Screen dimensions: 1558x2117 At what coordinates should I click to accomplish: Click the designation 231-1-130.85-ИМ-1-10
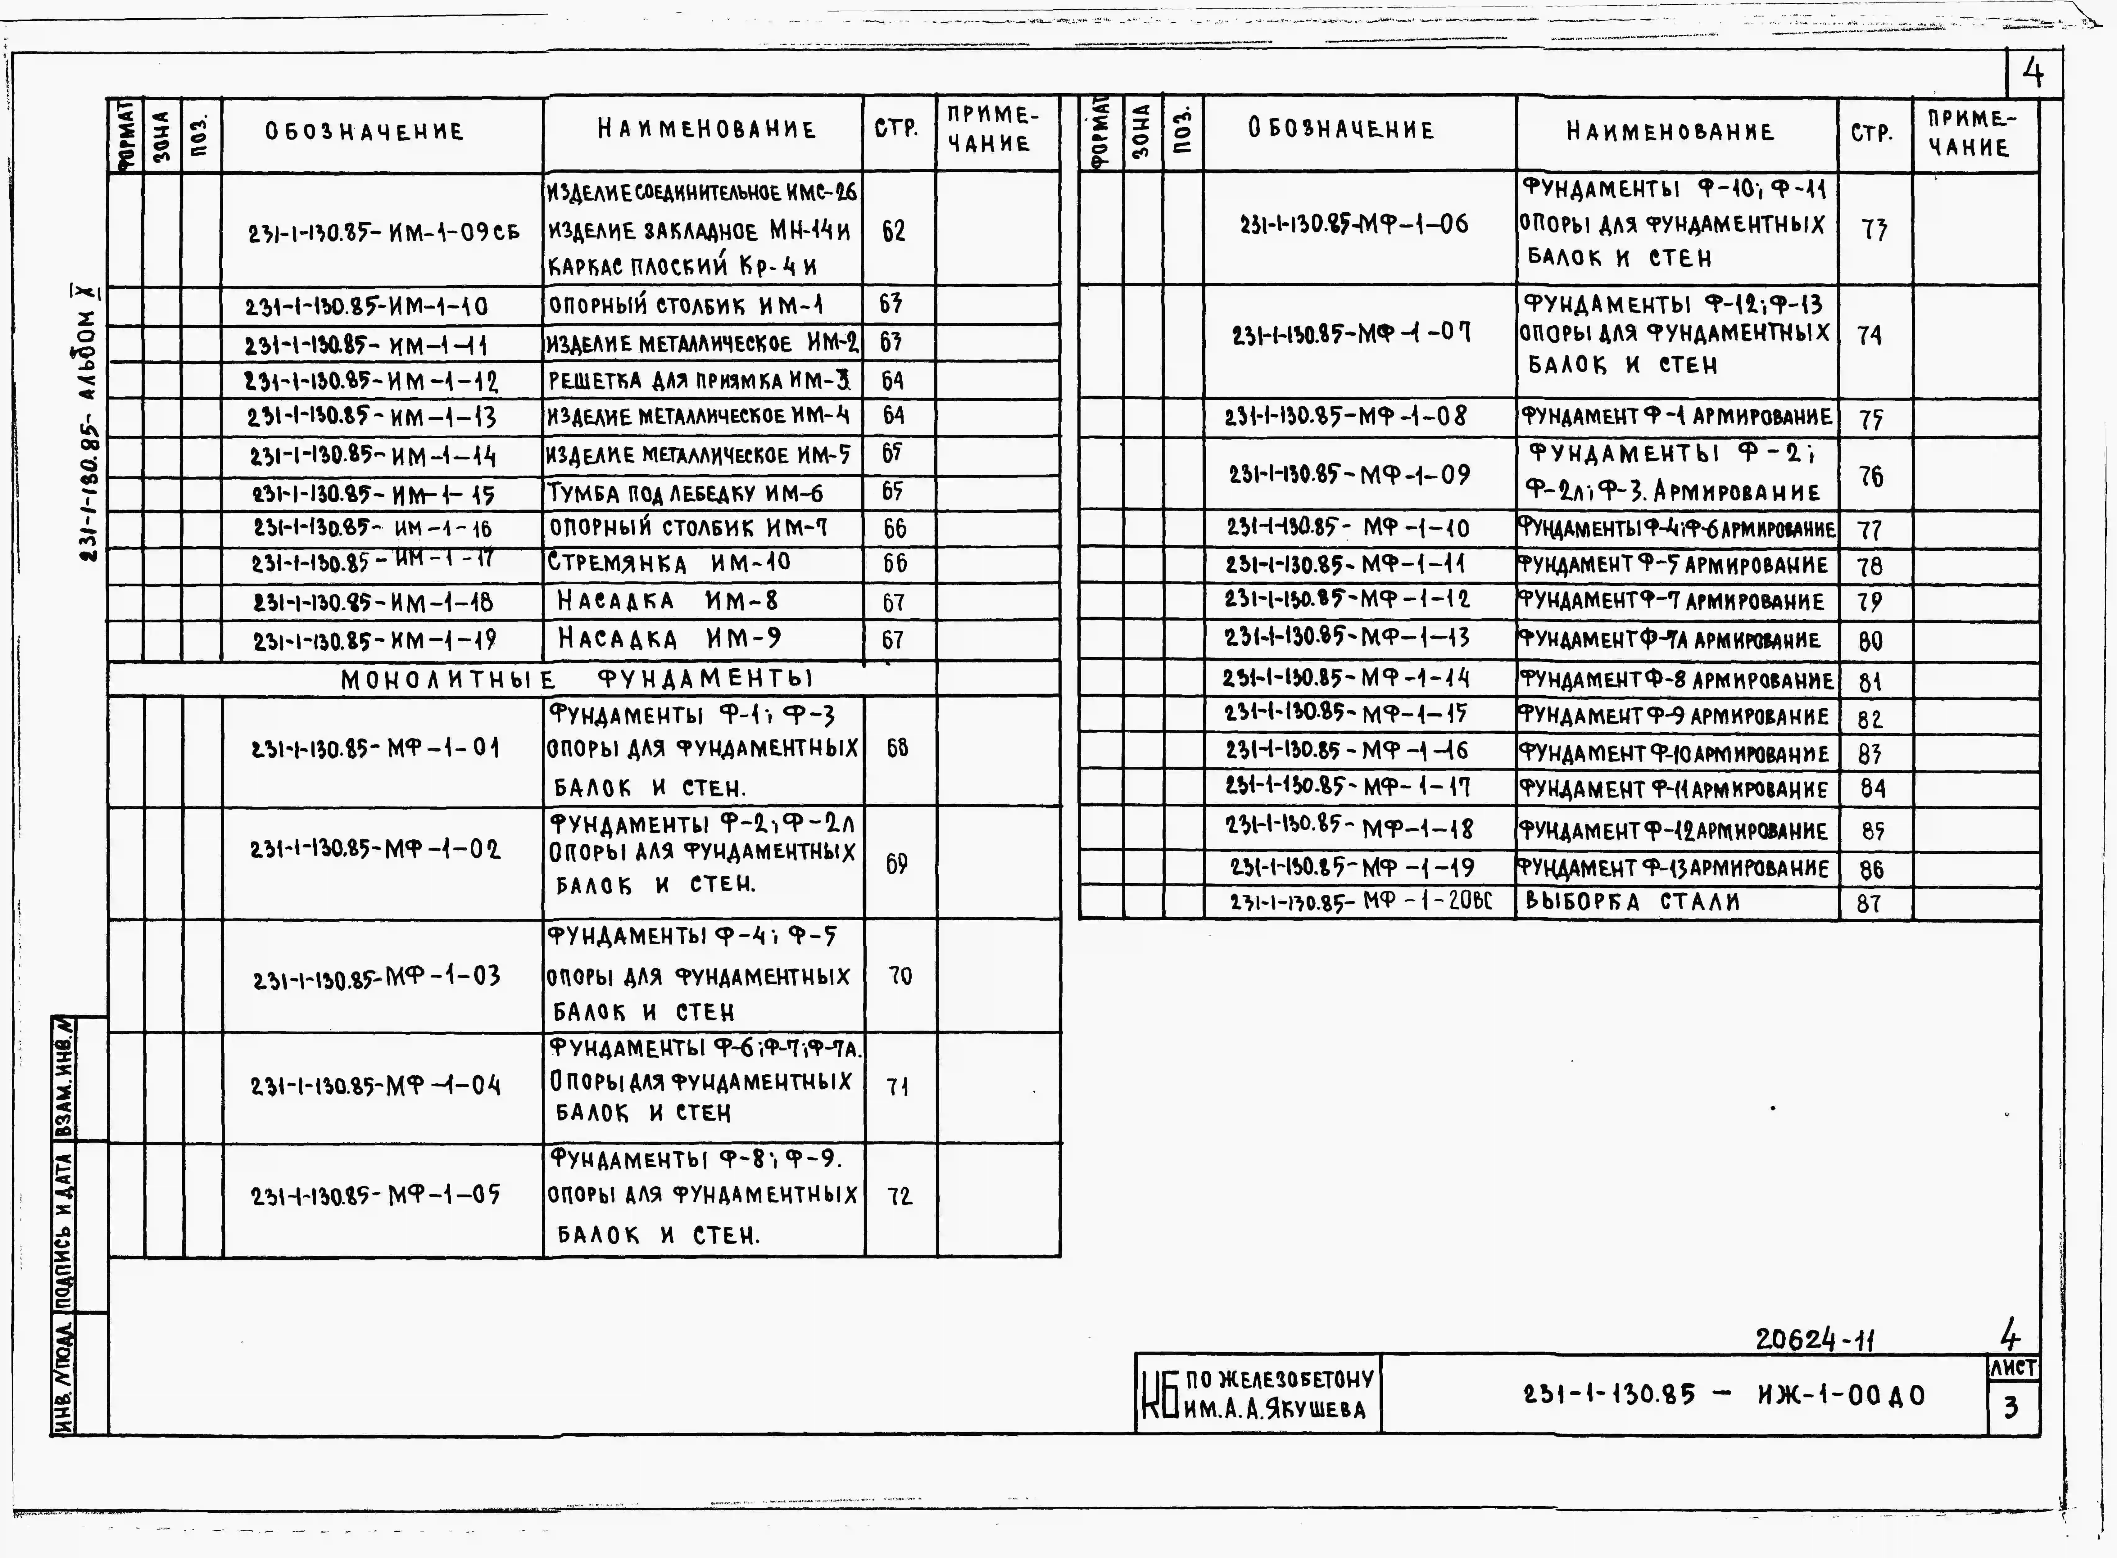tap(367, 306)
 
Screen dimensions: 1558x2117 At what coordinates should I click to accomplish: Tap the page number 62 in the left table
tap(893, 230)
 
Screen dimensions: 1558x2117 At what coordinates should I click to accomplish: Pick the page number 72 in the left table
tap(900, 1196)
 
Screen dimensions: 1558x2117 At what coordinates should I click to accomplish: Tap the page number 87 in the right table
tap(1869, 904)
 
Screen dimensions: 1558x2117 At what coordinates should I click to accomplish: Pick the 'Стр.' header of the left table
tap(896, 129)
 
